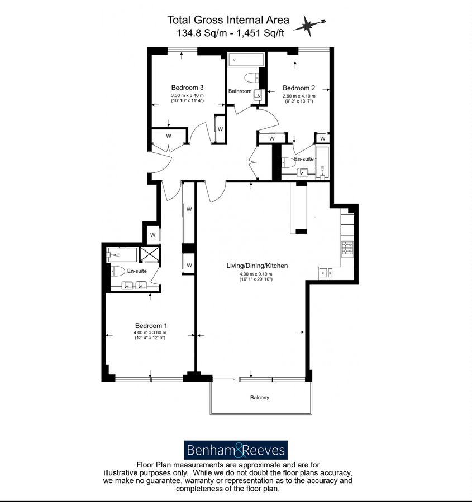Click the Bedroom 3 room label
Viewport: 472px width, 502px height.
click(187, 88)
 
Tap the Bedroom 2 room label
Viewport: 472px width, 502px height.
click(299, 88)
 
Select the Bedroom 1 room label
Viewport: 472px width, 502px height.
click(151, 326)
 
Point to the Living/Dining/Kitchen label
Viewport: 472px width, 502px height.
click(257, 266)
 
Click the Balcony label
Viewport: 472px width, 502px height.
click(260, 397)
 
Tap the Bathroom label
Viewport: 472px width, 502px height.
click(240, 91)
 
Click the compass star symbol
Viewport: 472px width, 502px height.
click(309, 26)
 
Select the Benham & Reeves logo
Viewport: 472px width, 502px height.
click(236, 450)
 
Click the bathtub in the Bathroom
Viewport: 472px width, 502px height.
click(246, 60)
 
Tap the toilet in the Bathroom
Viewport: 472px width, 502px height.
click(252, 78)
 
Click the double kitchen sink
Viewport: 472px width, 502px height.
click(326, 272)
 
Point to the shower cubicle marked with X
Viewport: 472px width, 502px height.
click(150, 254)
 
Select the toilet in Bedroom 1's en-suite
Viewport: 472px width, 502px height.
click(118, 272)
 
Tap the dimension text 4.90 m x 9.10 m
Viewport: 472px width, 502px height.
click(256, 274)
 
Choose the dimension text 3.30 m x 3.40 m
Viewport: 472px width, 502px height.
click(187, 95)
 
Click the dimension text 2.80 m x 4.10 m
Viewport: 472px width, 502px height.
click(299, 96)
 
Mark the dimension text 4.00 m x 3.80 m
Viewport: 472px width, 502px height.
click(150, 332)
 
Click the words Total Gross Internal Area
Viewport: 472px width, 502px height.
click(228, 20)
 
